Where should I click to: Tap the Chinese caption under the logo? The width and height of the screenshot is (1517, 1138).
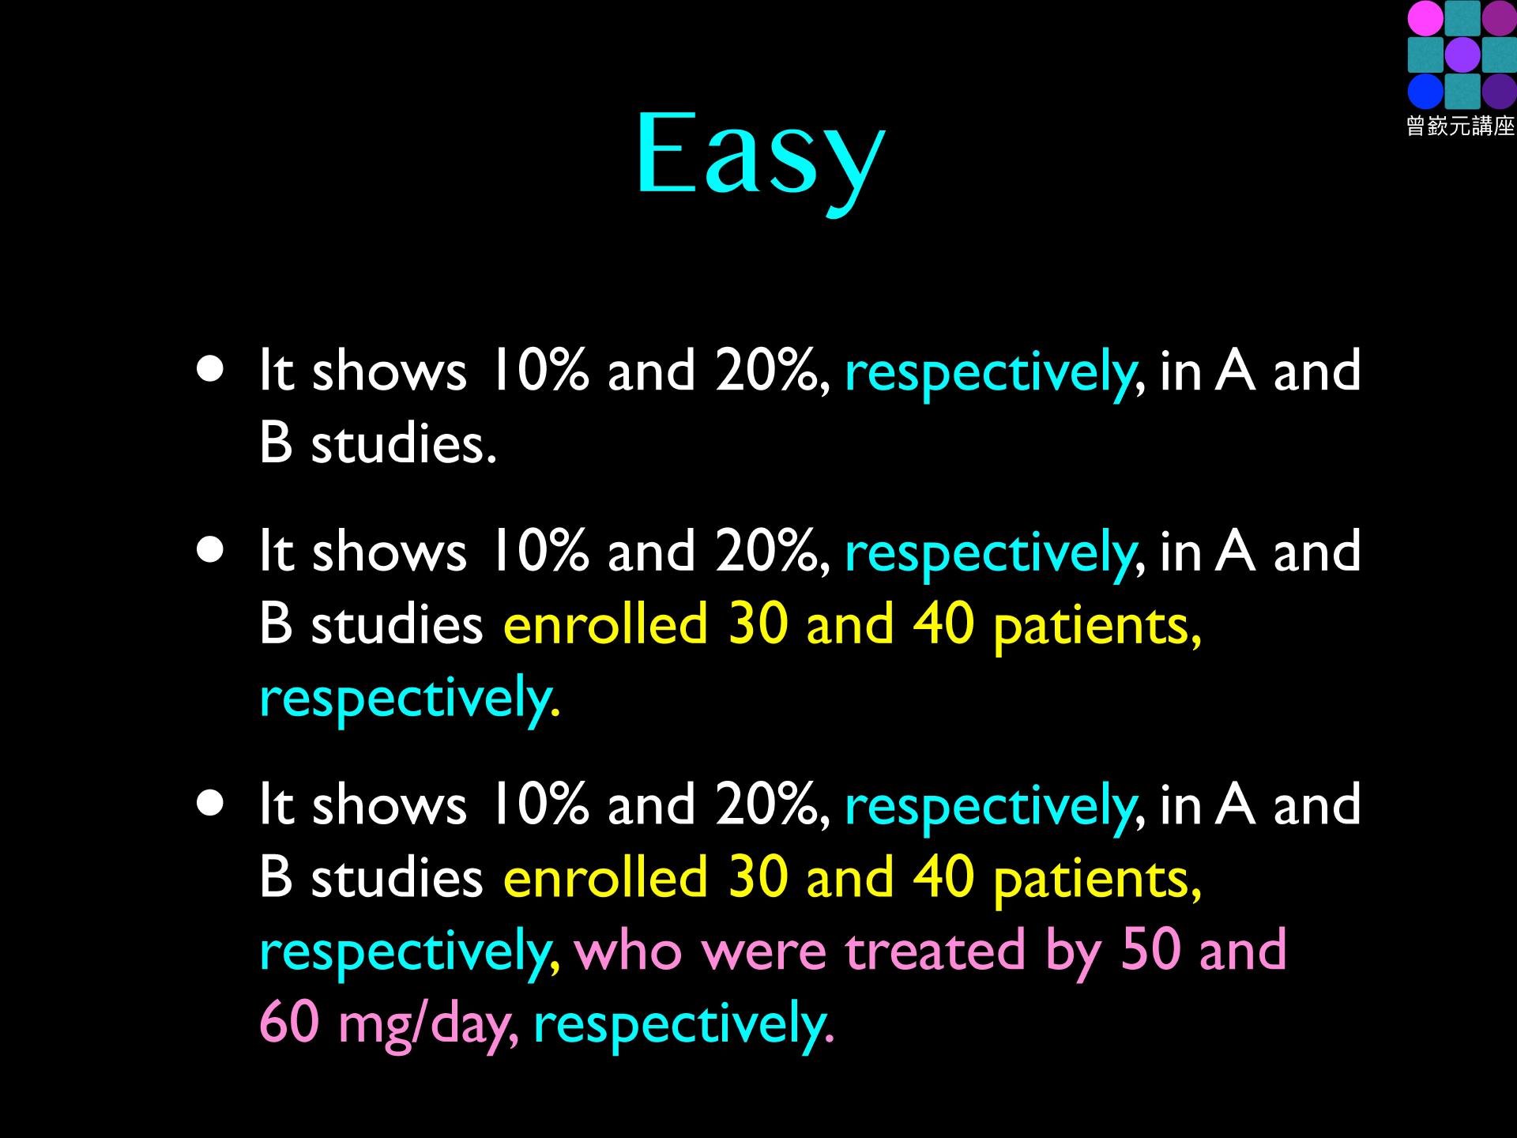(1461, 126)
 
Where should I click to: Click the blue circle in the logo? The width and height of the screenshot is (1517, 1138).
(1425, 91)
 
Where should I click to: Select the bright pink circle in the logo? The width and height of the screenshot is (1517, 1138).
(1425, 18)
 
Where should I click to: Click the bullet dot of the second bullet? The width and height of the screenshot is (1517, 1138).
(211, 549)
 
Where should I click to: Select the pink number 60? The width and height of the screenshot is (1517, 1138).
(289, 1022)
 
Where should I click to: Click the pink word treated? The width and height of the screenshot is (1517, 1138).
(935, 949)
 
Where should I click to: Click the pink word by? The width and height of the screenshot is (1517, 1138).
(1073, 953)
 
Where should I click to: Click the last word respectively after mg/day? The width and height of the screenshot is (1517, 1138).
(683, 1025)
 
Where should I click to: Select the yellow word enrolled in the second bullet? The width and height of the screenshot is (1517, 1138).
(605, 624)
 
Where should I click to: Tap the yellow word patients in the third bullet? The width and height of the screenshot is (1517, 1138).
(1097, 880)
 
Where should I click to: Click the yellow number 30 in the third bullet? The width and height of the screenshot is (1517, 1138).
(758, 876)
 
